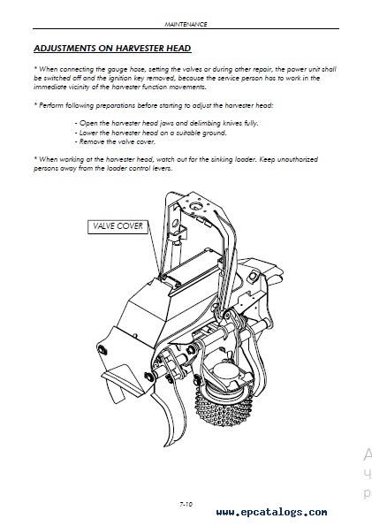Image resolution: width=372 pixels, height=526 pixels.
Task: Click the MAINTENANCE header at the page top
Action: pos(186,24)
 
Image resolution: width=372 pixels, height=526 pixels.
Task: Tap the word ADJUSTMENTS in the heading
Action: pos(65,49)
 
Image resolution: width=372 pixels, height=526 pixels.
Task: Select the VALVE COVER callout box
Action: pos(118,226)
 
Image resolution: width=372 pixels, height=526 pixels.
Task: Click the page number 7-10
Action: pos(186,504)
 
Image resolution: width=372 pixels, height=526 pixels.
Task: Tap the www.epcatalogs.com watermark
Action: pos(271,512)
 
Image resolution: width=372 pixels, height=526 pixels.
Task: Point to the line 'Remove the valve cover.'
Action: pos(115,142)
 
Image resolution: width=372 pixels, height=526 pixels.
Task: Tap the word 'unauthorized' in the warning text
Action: pos(298,159)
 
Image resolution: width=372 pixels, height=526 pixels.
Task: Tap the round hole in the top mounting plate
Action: pos(194,206)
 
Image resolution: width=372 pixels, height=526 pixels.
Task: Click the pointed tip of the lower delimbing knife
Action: pos(165,446)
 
